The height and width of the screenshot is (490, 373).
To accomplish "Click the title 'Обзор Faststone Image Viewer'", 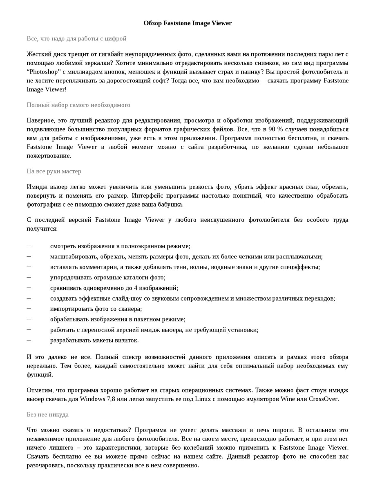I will pyautogui.click(x=188, y=23).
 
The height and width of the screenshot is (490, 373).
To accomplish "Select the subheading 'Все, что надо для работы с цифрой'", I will pyautogui.click(x=76, y=39).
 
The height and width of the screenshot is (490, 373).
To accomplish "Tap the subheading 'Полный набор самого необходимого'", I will pyautogui.click(x=78, y=105).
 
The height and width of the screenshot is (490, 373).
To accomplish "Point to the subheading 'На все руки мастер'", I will pyautogui.click(x=54, y=171).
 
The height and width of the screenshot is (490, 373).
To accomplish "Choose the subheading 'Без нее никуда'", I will pyautogui.click(x=47, y=414).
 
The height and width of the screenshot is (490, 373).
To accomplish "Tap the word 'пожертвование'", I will pyautogui.click(x=49, y=156).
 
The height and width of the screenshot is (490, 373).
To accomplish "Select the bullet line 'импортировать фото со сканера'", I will pyautogui.click(x=96, y=309).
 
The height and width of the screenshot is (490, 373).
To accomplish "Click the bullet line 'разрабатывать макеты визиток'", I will pyautogui.click(x=94, y=340).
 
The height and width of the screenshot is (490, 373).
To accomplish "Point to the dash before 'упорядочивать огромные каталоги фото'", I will pyautogui.click(x=29, y=277).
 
